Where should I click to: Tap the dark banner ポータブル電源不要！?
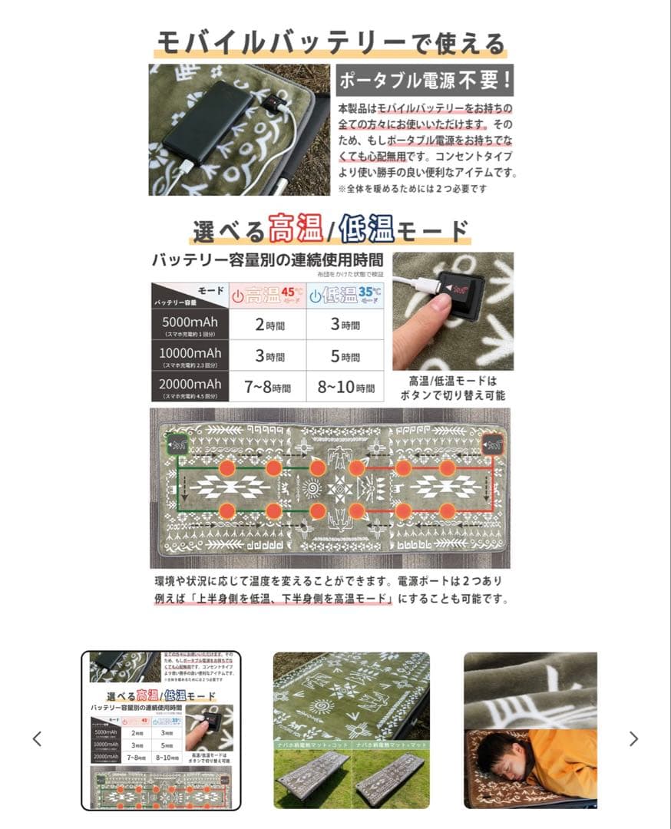coord(425,81)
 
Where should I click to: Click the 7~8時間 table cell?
coord(268,388)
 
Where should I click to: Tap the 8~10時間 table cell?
coord(345,388)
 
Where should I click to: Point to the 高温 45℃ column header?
coord(268,296)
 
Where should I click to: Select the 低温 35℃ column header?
coord(345,296)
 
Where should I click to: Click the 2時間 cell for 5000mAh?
coord(268,325)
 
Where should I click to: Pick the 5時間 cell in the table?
coord(345,356)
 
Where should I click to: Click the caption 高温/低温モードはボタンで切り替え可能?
coord(453,388)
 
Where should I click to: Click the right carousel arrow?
coord(633,738)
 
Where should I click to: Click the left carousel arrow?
coord(37,738)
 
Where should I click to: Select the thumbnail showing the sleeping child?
coord(530,730)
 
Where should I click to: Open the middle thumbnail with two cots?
coord(352,730)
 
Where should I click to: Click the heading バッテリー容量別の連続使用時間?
coord(268,259)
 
